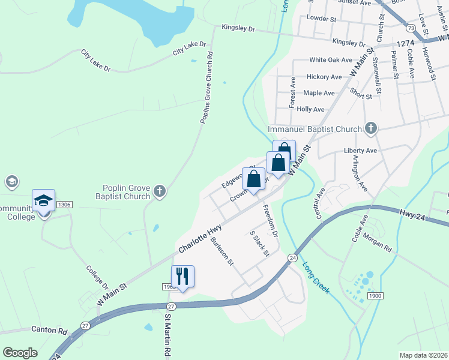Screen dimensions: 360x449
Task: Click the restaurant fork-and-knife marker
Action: (x=182, y=277)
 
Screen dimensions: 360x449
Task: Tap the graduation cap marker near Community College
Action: (x=43, y=201)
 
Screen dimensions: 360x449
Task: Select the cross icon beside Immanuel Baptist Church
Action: (x=371, y=128)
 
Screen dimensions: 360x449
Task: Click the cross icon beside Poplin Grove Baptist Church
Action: (x=159, y=191)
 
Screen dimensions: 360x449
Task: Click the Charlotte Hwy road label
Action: (x=199, y=238)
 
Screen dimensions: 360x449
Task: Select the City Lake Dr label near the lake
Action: (x=189, y=48)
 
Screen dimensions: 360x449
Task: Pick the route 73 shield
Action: (x=411, y=28)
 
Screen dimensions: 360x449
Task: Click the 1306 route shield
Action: (x=64, y=205)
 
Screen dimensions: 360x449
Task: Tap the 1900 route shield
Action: (x=375, y=296)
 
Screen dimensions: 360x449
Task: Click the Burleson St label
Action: (x=221, y=253)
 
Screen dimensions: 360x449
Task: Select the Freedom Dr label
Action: (x=270, y=220)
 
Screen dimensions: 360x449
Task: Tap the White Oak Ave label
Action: (x=331, y=60)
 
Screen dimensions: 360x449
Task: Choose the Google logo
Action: (x=20, y=353)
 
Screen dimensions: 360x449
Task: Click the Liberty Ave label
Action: (x=360, y=151)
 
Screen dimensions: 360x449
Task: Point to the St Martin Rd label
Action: (x=169, y=337)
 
